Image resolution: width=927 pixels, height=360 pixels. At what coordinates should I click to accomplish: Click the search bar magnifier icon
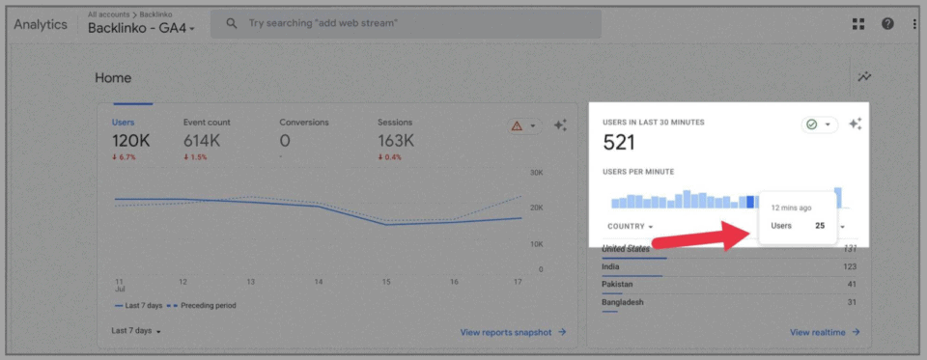[232, 23]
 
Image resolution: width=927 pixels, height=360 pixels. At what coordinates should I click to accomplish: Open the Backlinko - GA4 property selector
[141, 29]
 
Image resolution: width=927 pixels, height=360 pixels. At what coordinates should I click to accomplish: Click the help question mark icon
[887, 24]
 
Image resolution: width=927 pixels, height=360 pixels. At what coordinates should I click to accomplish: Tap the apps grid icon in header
[858, 24]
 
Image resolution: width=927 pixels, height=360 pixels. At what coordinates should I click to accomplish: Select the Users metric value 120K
[130, 141]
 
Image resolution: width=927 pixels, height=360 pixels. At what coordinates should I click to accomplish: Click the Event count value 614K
[203, 141]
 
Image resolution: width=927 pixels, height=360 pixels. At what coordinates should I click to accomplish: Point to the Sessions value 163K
[396, 141]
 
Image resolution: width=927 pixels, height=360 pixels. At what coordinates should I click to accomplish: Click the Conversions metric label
[304, 123]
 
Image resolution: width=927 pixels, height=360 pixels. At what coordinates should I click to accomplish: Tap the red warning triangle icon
[517, 125]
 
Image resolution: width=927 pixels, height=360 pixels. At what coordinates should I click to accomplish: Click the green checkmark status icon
[812, 125]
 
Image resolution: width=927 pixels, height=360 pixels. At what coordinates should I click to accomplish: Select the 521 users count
[619, 144]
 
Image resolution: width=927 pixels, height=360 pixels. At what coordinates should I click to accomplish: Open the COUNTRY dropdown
[630, 227]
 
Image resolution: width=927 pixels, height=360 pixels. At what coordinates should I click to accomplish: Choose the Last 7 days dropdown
[135, 331]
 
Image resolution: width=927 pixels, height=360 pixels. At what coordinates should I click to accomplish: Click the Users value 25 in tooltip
[820, 226]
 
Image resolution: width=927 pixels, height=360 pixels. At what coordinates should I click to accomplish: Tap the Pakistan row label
[617, 285]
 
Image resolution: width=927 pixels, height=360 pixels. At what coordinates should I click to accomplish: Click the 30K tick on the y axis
[537, 173]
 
